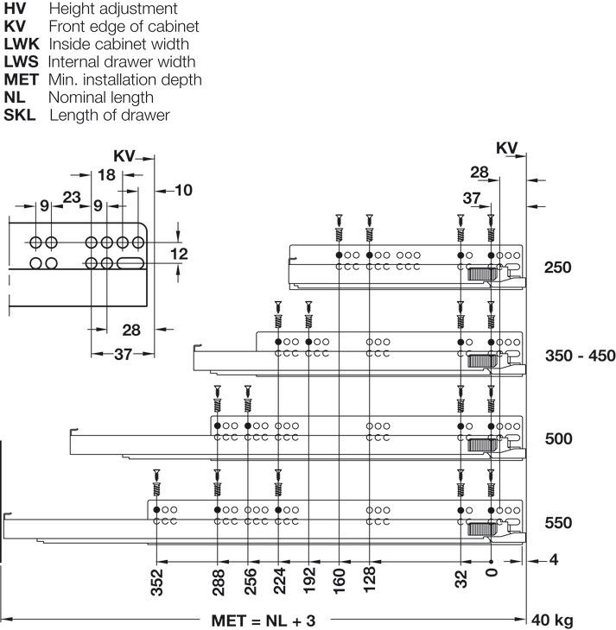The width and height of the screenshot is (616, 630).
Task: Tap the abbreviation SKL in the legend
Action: click(20, 115)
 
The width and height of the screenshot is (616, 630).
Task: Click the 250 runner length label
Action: click(558, 268)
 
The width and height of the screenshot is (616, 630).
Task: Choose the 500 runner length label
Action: click(558, 438)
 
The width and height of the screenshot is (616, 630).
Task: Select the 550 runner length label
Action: click(558, 523)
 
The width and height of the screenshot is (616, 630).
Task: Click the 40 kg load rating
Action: click(552, 621)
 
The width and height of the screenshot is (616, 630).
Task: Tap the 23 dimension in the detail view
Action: click(71, 198)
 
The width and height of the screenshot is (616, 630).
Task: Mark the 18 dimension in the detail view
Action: click(106, 175)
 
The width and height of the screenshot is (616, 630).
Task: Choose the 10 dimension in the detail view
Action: click(183, 190)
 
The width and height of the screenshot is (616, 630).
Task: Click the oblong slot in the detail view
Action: click(133, 261)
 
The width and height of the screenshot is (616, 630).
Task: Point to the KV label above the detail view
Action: click(124, 156)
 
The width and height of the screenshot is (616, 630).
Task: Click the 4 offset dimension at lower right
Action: click(554, 560)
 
